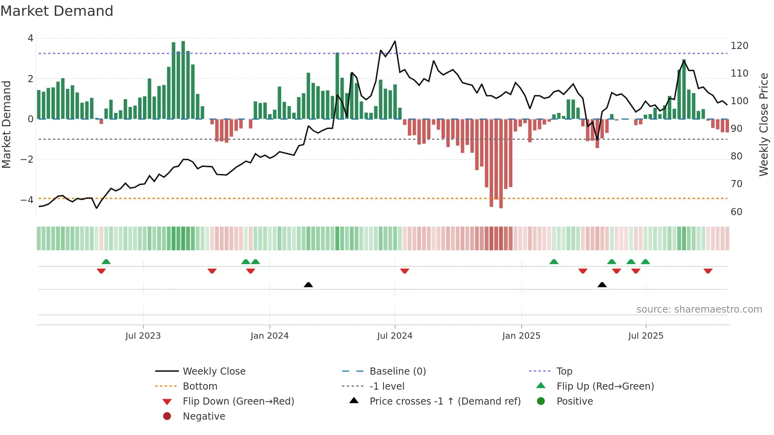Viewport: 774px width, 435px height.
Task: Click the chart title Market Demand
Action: click(57, 11)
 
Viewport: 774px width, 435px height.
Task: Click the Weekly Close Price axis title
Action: click(764, 124)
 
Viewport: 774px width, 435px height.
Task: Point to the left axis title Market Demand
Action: click(6, 124)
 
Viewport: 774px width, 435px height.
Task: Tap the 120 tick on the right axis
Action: click(739, 46)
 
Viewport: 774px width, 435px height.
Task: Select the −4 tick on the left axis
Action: click(27, 200)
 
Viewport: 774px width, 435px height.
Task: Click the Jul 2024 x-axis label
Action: click(395, 336)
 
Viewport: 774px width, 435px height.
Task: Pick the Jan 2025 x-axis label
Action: click(521, 336)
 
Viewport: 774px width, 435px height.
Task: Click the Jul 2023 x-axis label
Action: click(143, 336)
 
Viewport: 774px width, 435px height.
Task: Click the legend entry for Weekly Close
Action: click(214, 371)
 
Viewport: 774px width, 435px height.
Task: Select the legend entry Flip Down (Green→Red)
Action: click(238, 401)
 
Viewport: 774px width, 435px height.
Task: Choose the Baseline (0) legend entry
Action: click(397, 371)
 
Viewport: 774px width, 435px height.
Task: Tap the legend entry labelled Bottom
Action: click(200, 386)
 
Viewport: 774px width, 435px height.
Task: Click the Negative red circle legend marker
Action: click(167, 416)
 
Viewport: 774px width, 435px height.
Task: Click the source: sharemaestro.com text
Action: click(699, 309)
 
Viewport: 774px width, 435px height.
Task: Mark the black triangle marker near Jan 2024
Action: click(308, 285)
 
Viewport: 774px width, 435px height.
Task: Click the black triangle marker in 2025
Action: click(602, 285)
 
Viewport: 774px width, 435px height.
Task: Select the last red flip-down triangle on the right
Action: click(708, 271)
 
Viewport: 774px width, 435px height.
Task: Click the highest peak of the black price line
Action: click(395, 41)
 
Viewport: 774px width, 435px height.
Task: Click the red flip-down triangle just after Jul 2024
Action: click(404, 271)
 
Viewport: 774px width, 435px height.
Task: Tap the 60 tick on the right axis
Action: click(736, 212)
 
